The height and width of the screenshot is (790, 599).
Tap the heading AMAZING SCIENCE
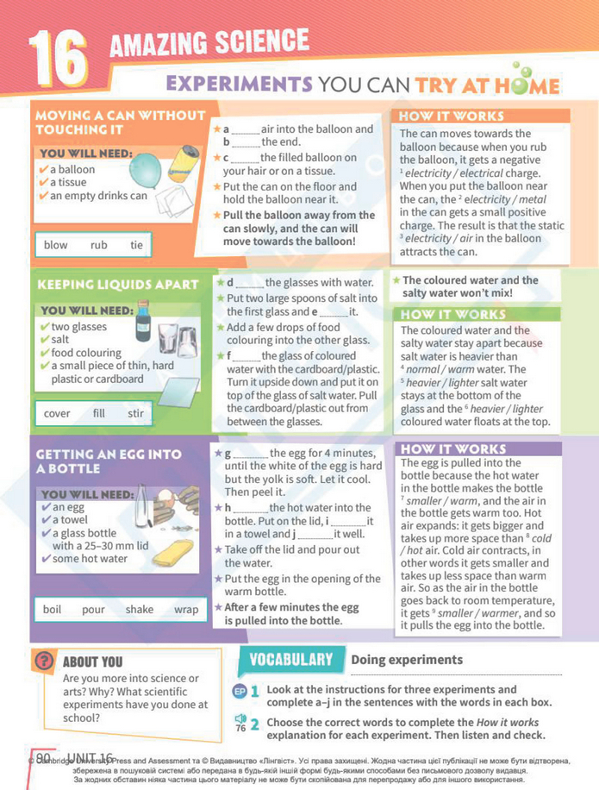click(x=209, y=41)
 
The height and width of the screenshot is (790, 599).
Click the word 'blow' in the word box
click(x=55, y=245)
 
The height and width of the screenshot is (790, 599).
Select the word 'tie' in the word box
click(x=136, y=245)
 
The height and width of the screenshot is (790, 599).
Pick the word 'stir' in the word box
click(x=135, y=413)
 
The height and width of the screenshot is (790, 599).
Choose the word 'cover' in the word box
click(x=57, y=413)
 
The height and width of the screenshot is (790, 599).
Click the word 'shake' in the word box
click(x=139, y=609)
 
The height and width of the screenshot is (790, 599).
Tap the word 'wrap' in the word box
click(x=185, y=609)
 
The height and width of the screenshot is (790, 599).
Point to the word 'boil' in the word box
click(x=53, y=609)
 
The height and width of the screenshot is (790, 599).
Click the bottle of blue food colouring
click(x=143, y=318)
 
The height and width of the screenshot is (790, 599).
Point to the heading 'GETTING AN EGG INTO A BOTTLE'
click(x=109, y=461)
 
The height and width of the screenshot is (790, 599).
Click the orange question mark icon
click(x=43, y=661)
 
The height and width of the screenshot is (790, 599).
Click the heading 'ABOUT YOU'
click(x=93, y=662)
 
